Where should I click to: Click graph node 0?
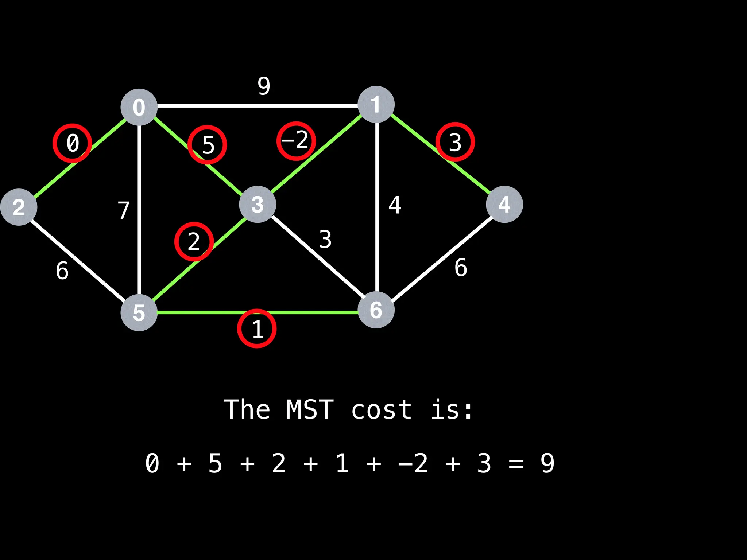click(x=139, y=107)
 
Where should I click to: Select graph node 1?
click(x=376, y=104)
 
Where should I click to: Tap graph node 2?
click(x=19, y=207)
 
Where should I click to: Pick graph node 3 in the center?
click(x=258, y=204)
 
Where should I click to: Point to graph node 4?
click(x=504, y=204)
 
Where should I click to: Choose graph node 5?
click(x=139, y=312)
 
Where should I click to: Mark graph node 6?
click(x=376, y=310)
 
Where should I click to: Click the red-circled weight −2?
click(x=296, y=141)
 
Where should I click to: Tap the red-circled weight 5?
click(x=207, y=144)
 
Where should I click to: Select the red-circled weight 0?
click(x=72, y=143)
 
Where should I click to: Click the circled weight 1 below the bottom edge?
click(x=257, y=328)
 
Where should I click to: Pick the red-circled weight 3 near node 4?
click(x=455, y=142)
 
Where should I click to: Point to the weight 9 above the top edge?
click(x=264, y=86)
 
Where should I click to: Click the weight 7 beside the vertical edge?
click(x=124, y=210)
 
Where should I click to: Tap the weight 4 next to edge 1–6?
click(x=395, y=205)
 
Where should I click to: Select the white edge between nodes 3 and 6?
click(x=317, y=257)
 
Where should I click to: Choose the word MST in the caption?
click(x=310, y=409)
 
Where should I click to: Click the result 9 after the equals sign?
click(x=547, y=463)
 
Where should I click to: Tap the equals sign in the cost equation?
click(x=516, y=464)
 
